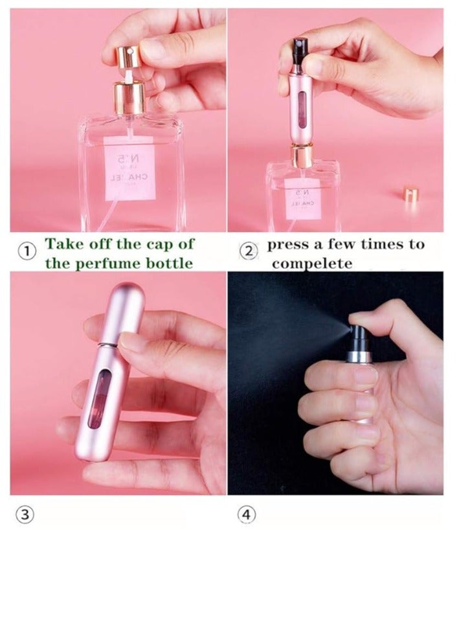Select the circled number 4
coord(246,515)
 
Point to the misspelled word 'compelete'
coord(312,264)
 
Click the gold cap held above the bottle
coord(128,55)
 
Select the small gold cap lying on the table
coord(410,193)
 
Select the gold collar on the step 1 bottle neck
coord(129,99)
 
